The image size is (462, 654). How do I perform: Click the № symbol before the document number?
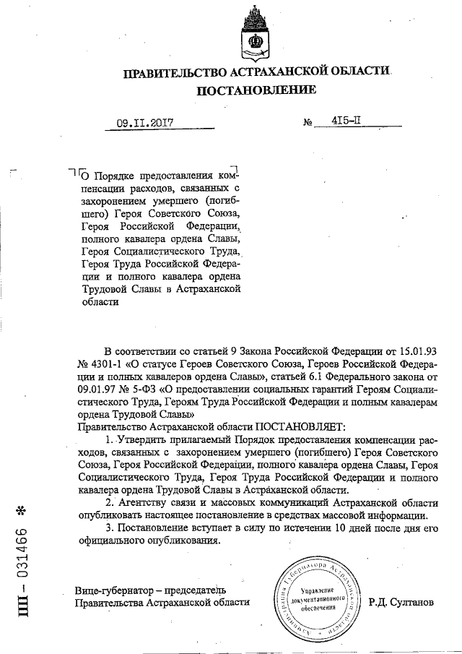click(308, 124)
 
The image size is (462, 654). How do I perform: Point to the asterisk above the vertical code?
click(21, 510)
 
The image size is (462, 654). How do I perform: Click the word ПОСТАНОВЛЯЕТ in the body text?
click(289, 428)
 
